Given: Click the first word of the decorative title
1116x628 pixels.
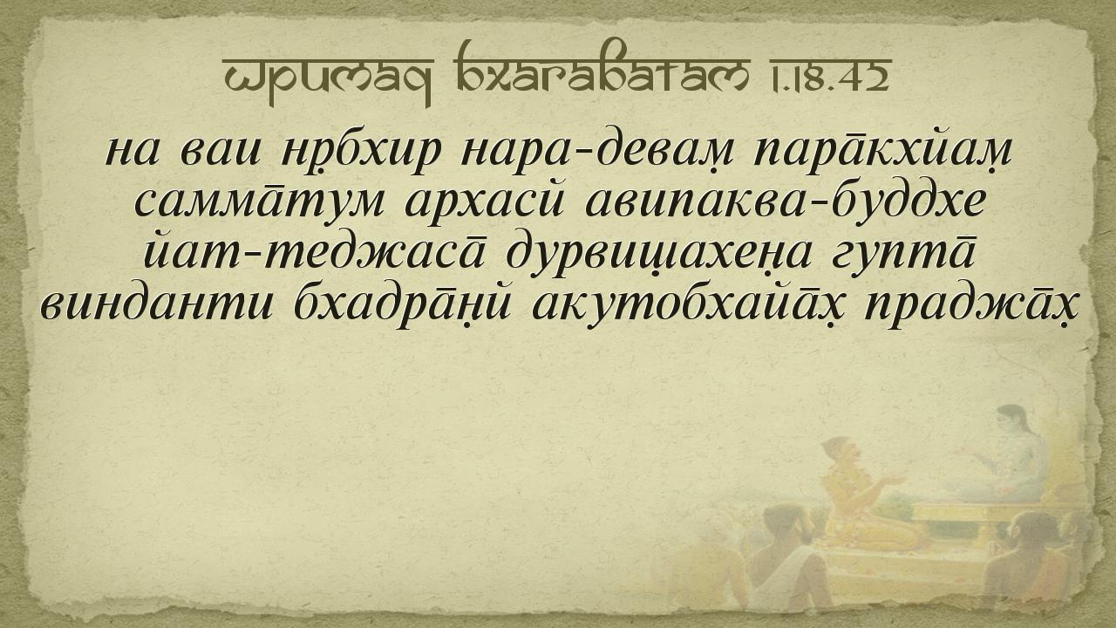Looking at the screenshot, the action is point(329,79).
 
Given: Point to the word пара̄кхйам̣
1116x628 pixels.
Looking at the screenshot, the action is point(882,149).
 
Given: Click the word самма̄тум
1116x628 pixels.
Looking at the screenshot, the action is point(260,202).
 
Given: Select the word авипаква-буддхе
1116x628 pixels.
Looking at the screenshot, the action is point(785,201).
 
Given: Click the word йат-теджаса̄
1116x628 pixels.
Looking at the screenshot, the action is point(315,252).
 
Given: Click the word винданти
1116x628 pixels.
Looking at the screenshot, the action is point(156,303).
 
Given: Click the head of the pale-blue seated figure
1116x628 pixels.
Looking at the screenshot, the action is point(1011,421).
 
